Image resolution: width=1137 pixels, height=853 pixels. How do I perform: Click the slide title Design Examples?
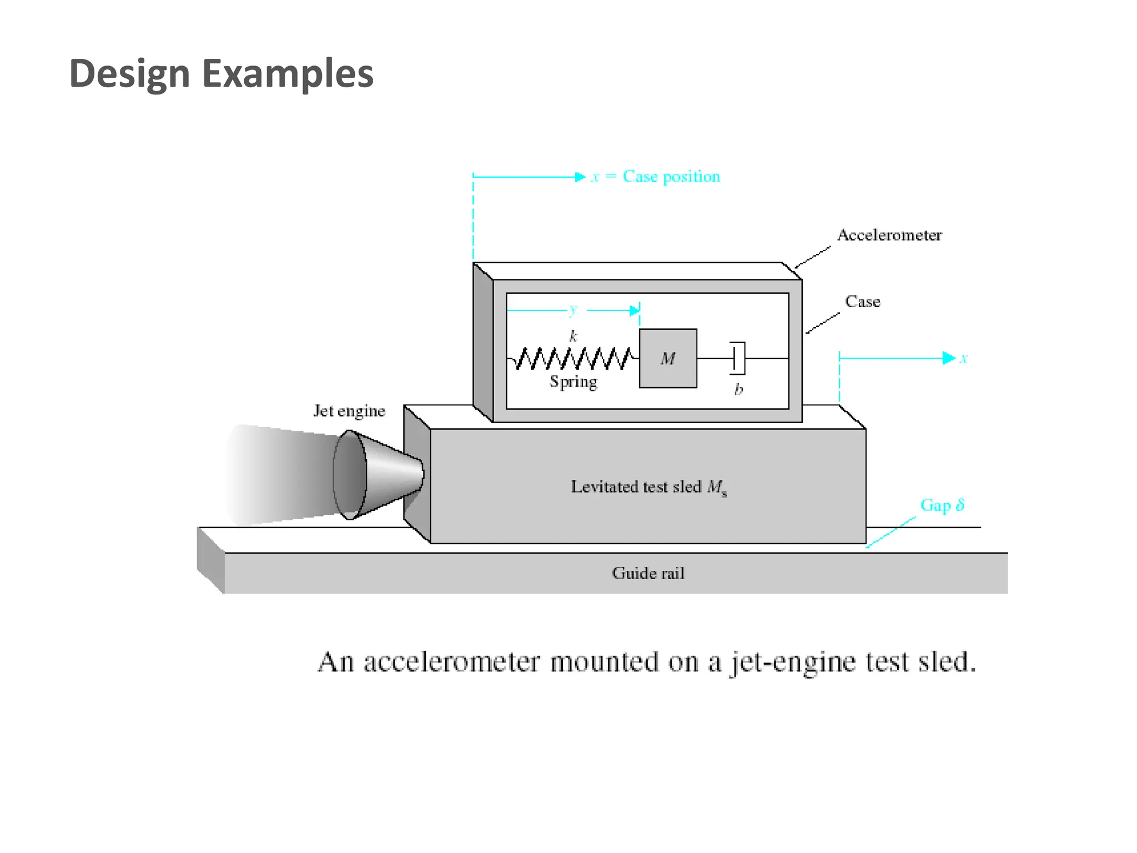(221, 74)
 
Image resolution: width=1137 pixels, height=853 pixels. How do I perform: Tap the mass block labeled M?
(668, 359)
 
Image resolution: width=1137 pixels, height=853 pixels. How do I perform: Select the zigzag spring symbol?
(572, 359)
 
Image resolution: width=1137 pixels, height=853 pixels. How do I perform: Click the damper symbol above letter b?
(738, 359)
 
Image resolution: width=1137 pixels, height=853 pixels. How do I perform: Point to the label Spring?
(573, 382)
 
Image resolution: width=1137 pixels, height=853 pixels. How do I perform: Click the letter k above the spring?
(573, 336)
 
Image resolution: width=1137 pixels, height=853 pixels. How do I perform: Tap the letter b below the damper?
(738, 389)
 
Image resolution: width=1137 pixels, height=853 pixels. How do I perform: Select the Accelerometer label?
(889, 235)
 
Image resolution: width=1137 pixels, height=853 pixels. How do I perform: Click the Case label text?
(862, 302)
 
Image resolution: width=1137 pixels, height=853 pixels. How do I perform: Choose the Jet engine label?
(349, 411)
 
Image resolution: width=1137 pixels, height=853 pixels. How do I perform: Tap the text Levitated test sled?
(636, 487)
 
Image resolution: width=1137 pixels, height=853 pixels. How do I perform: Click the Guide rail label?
(648, 573)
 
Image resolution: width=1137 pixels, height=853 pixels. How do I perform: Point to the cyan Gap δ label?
(942, 505)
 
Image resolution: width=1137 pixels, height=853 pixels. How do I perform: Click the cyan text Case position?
(671, 177)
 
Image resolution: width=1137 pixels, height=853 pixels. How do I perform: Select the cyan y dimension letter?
(573, 309)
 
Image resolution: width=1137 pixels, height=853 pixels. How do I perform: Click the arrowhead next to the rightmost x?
(948, 358)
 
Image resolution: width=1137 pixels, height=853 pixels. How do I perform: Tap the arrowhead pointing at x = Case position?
(580, 177)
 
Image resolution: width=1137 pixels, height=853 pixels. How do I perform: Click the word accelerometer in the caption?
(451, 662)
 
